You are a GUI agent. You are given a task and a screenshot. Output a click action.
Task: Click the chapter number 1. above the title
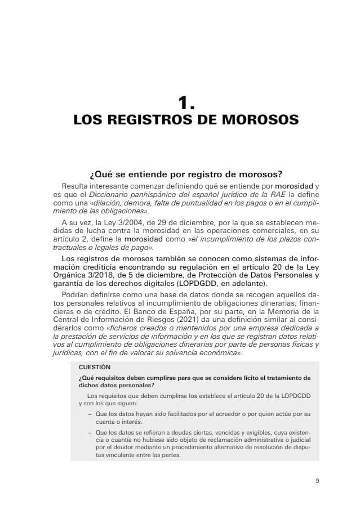(x=186, y=102)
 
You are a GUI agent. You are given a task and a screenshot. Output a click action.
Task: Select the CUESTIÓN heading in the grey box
(x=95, y=367)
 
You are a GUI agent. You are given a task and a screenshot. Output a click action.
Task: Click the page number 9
(x=317, y=481)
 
